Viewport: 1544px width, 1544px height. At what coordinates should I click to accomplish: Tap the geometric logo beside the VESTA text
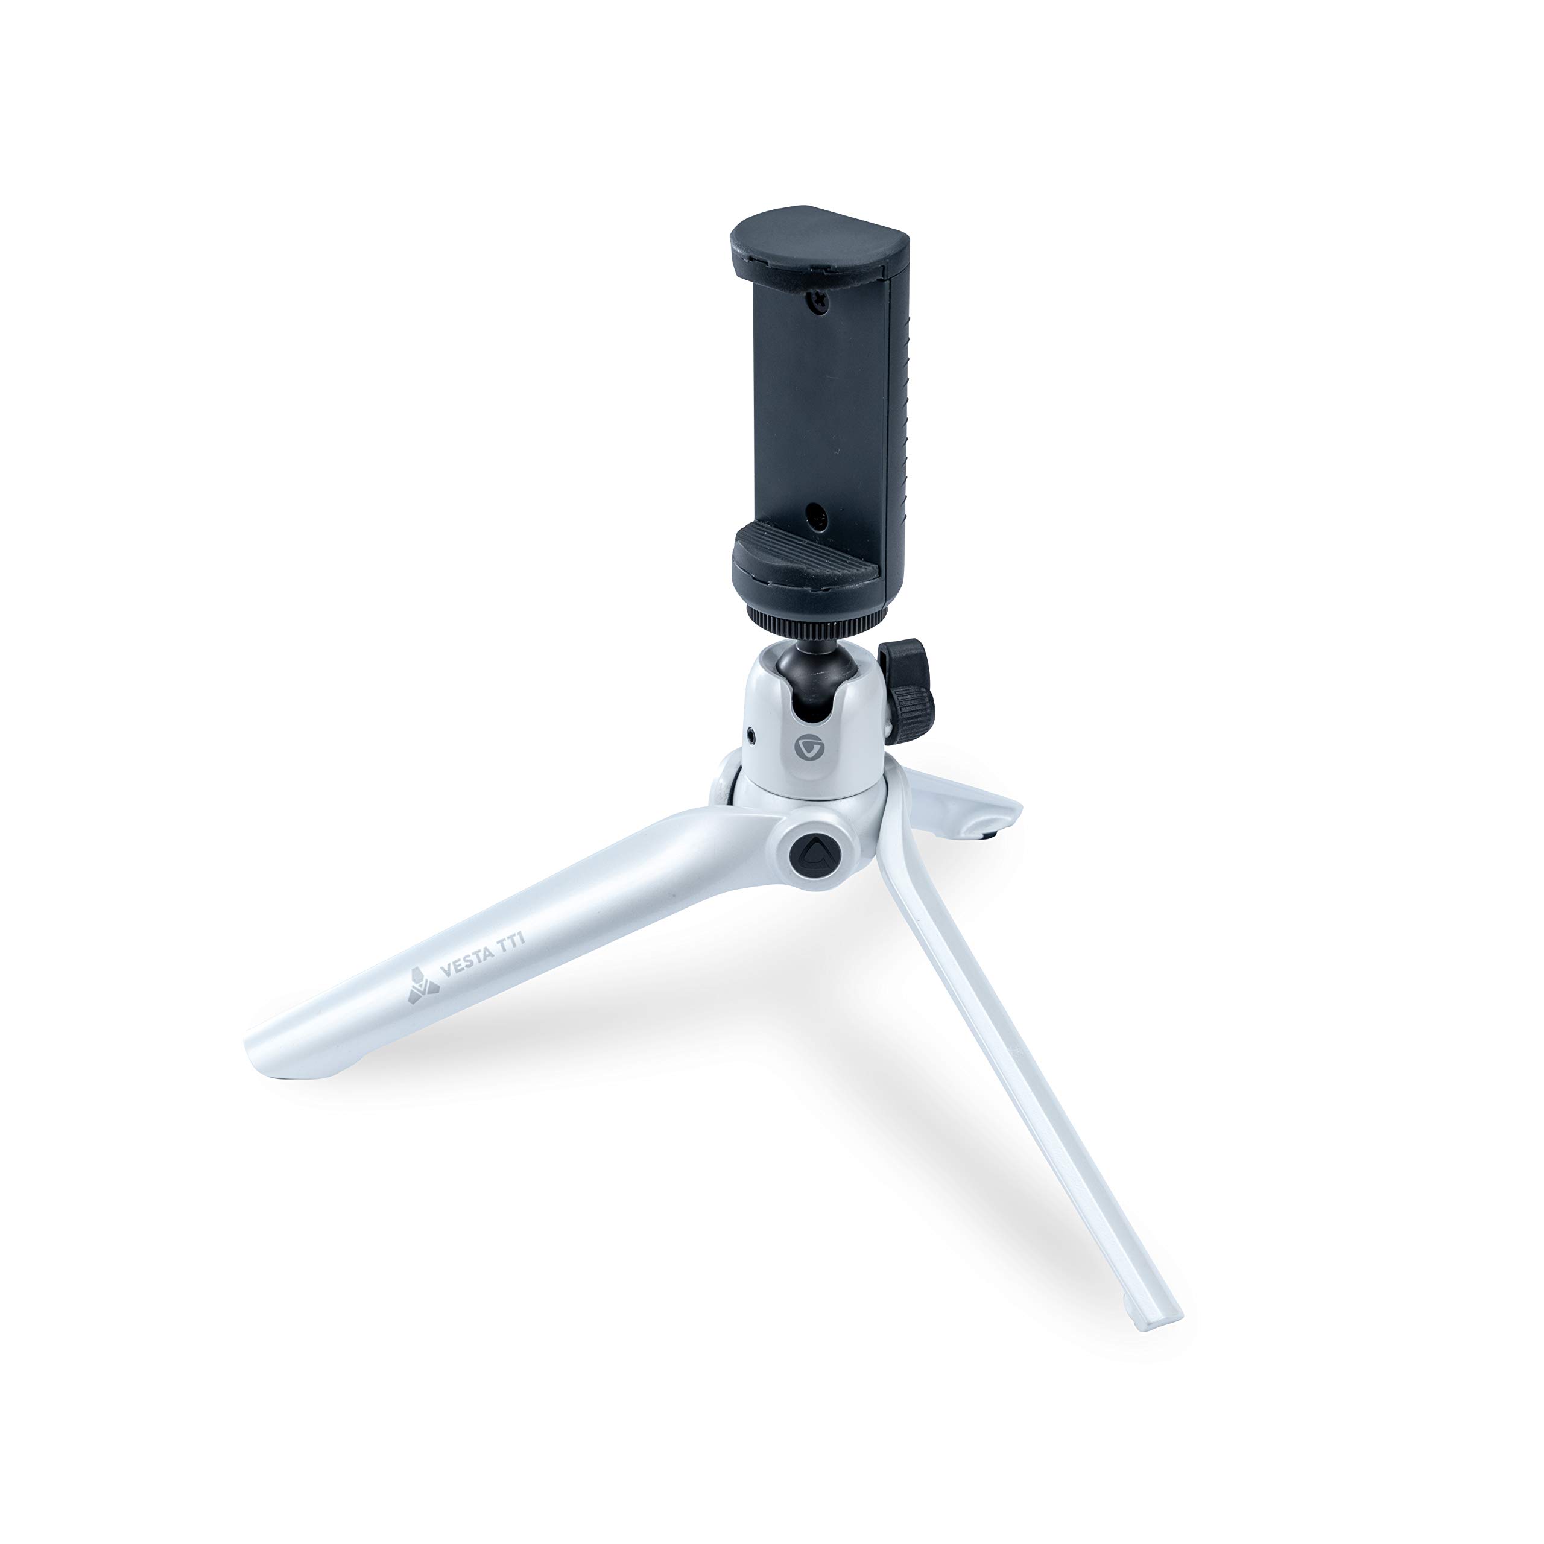[423, 986]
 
